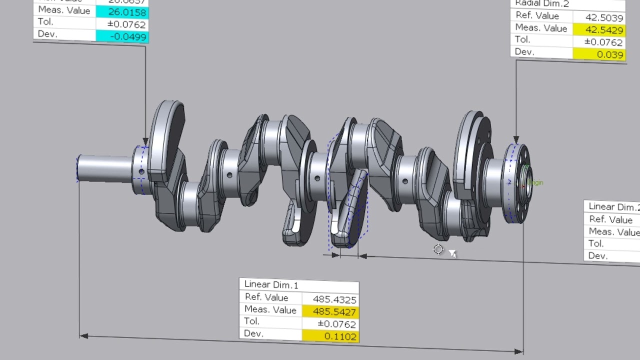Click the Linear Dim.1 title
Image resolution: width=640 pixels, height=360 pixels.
click(x=271, y=285)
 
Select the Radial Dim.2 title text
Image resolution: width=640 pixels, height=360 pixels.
click(x=542, y=4)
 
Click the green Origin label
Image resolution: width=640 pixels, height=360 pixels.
click(x=535, y=183)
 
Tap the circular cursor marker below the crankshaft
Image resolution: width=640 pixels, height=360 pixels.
click(x=438, y=249)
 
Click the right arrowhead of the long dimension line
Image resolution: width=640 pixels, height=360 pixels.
click(x=519, y=351)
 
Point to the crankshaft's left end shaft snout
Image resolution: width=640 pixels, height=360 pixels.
click(x=103, y=167)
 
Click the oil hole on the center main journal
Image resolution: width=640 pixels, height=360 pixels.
click(x=317, y=178)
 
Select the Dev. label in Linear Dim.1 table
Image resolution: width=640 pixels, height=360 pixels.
click(x=253, y=333)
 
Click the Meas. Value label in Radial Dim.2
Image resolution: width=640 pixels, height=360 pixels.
click(x=541, y=28)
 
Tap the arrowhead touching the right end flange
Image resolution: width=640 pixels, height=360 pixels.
click(x=516, y=140)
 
